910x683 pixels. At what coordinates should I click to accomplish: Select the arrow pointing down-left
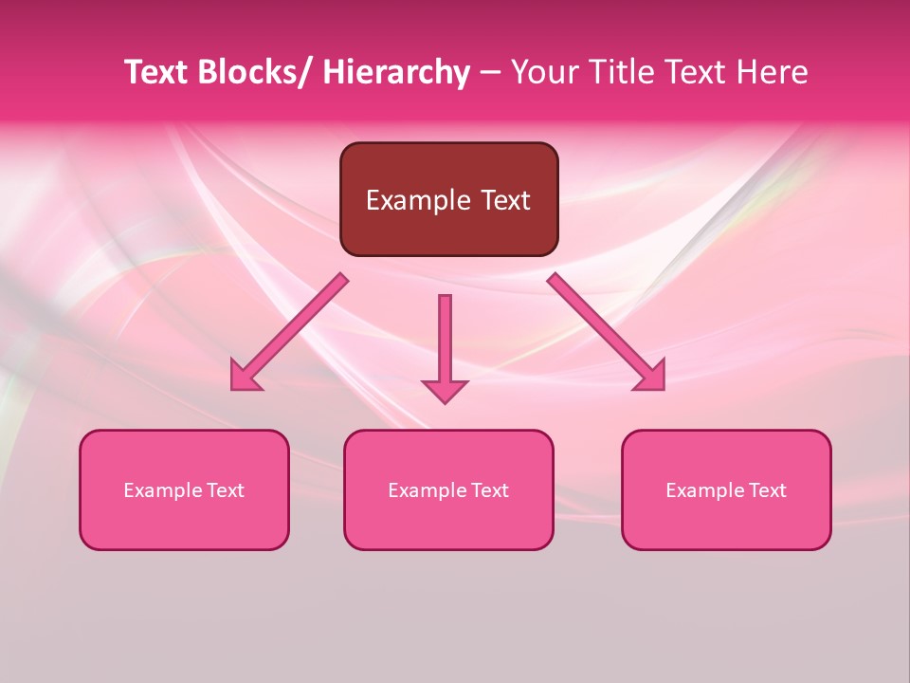pyautogui.click(x=289, y=333)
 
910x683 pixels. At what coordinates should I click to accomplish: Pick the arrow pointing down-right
pyautogui.click(x=607, y=332)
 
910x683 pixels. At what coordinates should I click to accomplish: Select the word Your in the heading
pyautogui.click(x=544, y=72)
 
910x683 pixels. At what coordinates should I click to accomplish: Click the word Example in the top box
pyautogui.click(x=418, y=200)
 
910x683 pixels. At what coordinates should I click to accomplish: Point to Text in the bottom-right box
pyautogui.click(x=767, y=490)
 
